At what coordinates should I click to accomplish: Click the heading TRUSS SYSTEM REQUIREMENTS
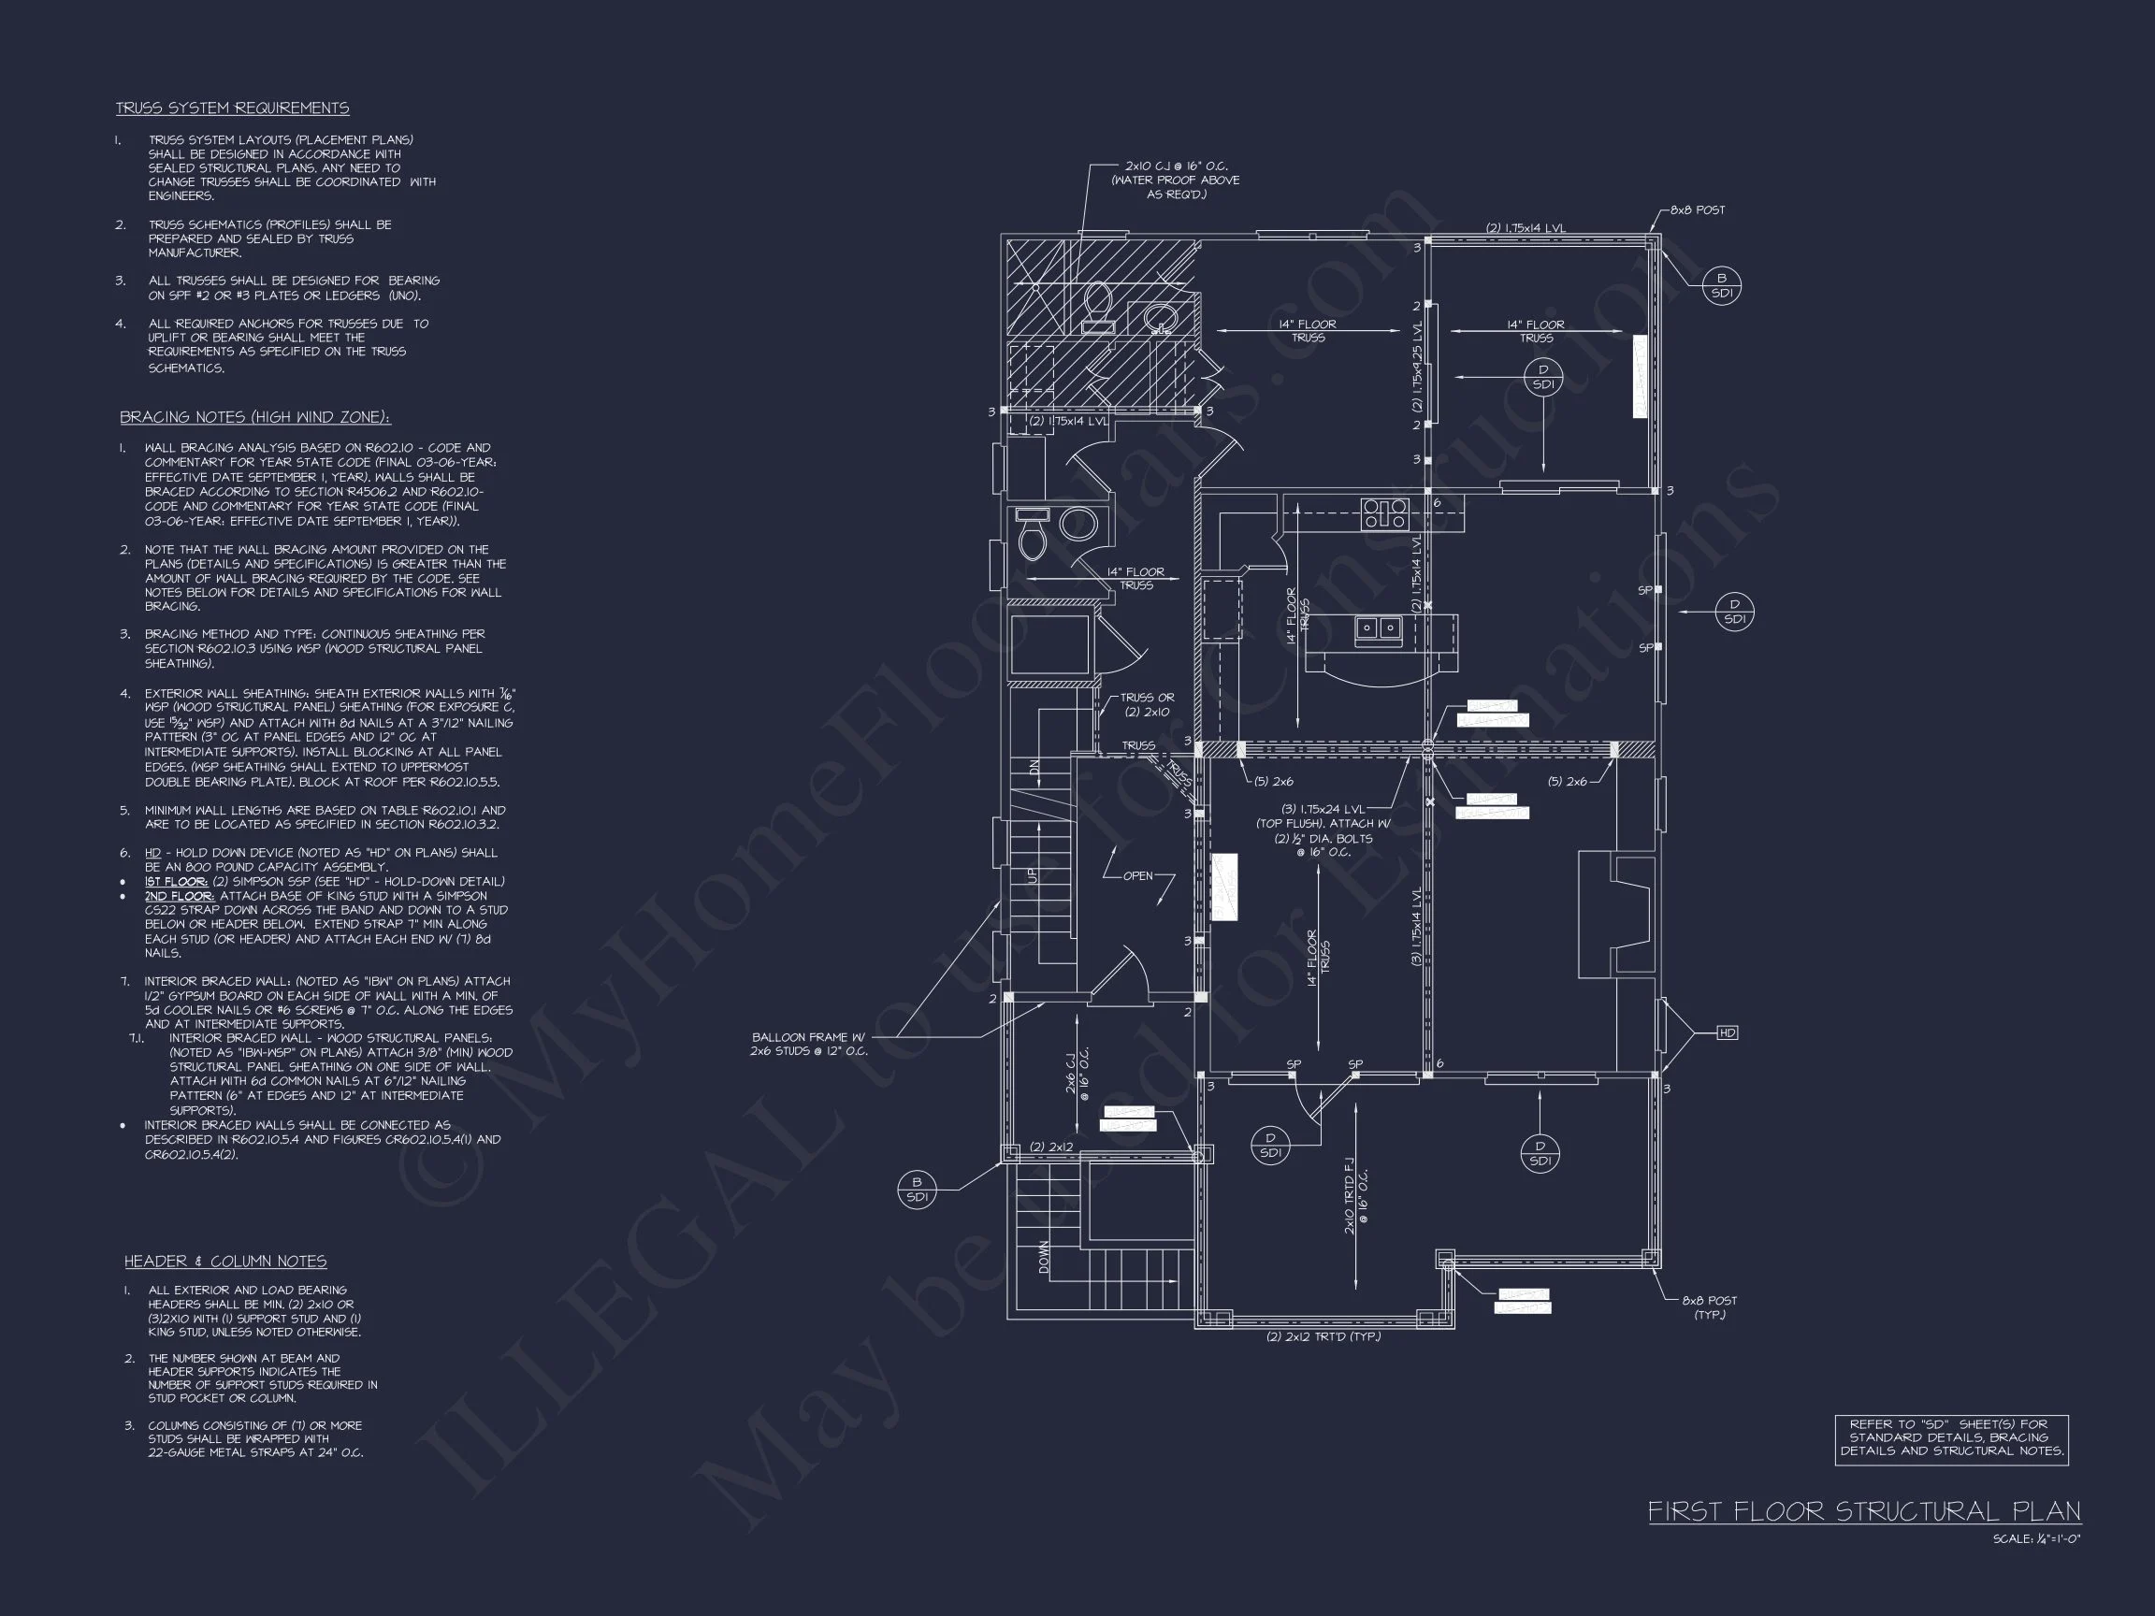pyautogui.click(x=232, y=108)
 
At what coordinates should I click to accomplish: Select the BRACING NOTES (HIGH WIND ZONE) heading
pyautogui.click(x=255, y=417)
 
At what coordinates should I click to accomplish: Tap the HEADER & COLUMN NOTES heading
pyautogui.click(x=225, y=1261)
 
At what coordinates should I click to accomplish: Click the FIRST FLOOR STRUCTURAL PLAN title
pyautogui.click(x=1864, y=1511)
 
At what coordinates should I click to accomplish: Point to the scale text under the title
pyautogui.click(x=2036, y=1540)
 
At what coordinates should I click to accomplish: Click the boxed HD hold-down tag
pyautogui.click(x=1727, y=1032)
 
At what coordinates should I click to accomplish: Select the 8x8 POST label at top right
pyautogui.click(x=1697, y=210)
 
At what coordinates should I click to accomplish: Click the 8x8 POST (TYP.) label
pyautogui.click(x=1709, y=1307)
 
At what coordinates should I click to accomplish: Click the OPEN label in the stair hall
pyautogui.click(x=1137, y=875)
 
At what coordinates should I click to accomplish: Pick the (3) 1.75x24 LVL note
pyautogui.click(x=1322, y=830)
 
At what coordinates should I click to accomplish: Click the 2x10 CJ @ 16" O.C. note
pyautogui.click(x=1176, y=180)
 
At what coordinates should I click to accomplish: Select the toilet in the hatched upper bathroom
pyautogui.click(x=1098, y=305)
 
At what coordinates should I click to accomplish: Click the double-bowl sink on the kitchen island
pyautogui.click(x=1378, y=628)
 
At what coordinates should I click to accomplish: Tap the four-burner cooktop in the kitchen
pyautogui.click(x=1384, y=512)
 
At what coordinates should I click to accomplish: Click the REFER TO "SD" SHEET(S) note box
pyautogui.click(x=1951, y=1437)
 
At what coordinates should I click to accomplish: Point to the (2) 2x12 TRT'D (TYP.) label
pyautogui.click(x=1323, y=1336)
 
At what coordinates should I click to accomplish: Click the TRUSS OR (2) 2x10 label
pyautogui.click(x=1147, y=704)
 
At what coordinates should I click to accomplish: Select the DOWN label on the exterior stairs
pyautogui.click(x=1045, y=1257)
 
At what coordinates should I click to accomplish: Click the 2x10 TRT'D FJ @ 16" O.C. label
pyautogui.click(x=1355, y=1196)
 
